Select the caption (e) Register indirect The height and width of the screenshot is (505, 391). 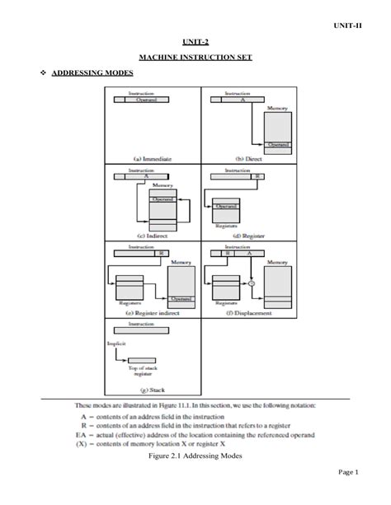point(153,313)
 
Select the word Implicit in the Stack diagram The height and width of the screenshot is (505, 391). point(115,342)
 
